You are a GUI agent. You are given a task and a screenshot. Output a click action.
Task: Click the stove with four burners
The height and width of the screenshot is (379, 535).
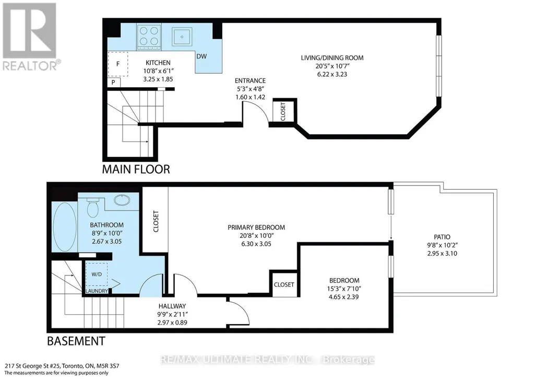click(149, 36)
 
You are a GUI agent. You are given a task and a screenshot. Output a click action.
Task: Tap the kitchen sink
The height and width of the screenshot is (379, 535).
click(181, 36)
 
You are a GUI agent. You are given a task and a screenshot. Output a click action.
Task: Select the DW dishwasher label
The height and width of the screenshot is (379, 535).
click(201, 56)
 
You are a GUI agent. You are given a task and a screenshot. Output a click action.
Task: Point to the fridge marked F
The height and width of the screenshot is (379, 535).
click(118, 64)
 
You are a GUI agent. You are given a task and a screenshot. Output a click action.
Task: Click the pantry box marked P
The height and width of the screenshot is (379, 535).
click(113, 83)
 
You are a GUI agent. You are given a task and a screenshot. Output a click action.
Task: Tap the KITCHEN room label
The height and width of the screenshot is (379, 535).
click(158, 63)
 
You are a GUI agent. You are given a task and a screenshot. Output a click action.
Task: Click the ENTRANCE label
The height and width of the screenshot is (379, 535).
click(250, 81)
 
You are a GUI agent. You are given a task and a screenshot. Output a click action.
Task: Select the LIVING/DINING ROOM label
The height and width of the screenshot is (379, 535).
click(332, 58)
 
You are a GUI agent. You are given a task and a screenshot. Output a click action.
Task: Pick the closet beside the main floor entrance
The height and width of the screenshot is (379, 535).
click(283, 111)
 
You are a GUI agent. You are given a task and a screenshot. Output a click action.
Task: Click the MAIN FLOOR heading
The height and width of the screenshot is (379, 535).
click(136, 169)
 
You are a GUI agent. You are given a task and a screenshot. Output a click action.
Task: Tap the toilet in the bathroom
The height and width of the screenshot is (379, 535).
click(92, 208)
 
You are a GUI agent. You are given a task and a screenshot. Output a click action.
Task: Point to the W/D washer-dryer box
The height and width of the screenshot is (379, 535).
click(97, 274)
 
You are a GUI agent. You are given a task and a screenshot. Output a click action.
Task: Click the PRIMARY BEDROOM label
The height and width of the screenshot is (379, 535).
click(256, 227)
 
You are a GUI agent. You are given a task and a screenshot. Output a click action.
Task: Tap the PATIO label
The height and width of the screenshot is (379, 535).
click(442, 237)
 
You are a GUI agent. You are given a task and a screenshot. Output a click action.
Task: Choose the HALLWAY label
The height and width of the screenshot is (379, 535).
click(172, 306)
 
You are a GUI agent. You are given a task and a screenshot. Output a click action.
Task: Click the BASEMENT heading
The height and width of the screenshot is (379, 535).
click(76, 341)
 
